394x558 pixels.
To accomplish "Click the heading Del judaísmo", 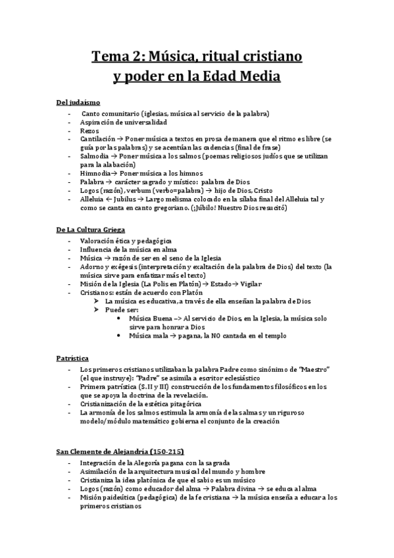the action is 78,103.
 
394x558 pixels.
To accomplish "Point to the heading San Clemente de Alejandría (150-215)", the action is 120,454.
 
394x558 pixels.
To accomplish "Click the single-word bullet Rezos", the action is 89,130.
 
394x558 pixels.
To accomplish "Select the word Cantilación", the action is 96,139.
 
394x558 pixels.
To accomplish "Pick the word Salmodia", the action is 94,156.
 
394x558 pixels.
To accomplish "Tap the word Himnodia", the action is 96,172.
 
